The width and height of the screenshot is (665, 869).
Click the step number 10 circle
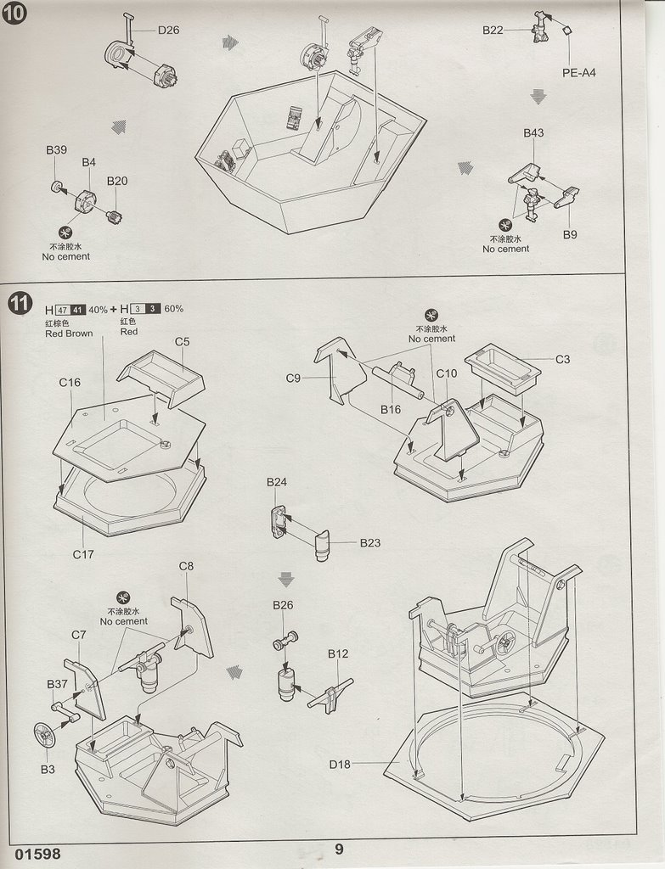point(15,14)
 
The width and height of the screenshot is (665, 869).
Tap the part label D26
point(168,30)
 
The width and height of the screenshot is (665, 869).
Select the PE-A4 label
point(578,72)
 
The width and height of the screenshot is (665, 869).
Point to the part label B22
point(493,30)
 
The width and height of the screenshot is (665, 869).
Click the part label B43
point(533,133)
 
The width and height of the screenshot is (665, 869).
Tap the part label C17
point(82,555)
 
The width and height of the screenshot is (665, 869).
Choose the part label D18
point(340,764)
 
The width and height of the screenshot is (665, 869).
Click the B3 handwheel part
point(44,734)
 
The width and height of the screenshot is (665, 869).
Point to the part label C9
point(294,378)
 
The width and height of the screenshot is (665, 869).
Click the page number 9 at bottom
point(339,849)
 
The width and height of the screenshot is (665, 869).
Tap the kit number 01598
point(37,854)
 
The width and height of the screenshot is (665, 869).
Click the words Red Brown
point(69,334)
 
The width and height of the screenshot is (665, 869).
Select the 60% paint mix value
point(173,309)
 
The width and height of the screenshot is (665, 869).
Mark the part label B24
point(276,483)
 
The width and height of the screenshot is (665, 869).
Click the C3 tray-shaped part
point(503,367)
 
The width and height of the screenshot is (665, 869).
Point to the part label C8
point(187,566)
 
